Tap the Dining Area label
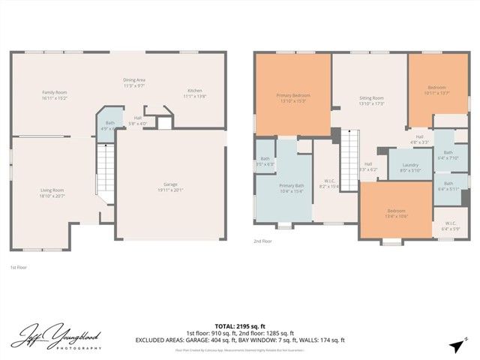pos(133,82)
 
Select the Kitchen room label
pos(194,94)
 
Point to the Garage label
pos(170,187)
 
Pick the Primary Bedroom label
pos(293,97)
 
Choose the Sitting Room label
pos(371,100)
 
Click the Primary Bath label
pos(291,187)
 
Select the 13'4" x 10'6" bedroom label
pos(397,212)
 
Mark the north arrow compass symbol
pos(457,344)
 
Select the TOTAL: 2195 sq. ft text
pos(240,326)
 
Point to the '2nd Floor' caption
pos(264,241)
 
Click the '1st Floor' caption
pos(19,267)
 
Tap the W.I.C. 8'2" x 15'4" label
pos(329,183)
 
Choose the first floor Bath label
pos(110,125)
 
